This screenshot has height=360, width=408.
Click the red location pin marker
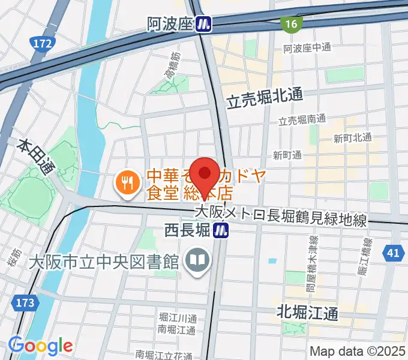204,173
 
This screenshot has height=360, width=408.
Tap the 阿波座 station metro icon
205,24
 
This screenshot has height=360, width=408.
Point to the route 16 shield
292,23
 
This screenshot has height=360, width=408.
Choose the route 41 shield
393,253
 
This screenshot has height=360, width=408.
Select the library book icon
197,260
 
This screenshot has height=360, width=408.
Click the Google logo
40,346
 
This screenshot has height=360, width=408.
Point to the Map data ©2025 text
357,351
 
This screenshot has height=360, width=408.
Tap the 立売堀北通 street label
265,98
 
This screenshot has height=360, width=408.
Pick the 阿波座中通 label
307,48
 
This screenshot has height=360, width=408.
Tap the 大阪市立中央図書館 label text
104,262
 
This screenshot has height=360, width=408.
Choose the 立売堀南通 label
302,119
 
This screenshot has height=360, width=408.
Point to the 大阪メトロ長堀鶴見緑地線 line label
280,215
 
